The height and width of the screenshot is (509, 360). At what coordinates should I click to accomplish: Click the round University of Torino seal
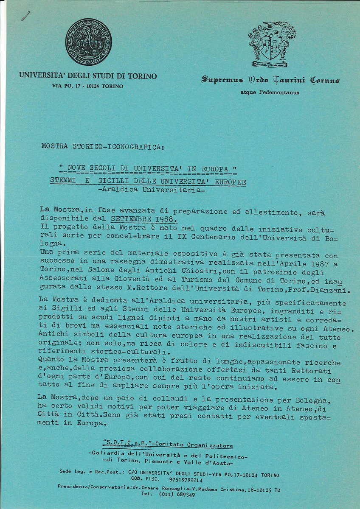pos(88,42)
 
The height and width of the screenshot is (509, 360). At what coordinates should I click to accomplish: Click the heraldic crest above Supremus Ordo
pos(272,44)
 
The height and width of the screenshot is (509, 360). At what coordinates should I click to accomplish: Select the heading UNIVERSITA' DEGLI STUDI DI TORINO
pos(88,76)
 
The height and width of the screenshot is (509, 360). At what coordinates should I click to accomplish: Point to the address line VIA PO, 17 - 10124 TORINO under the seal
pos(87,86)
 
